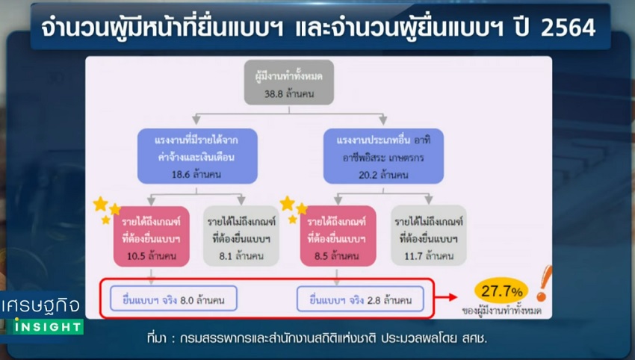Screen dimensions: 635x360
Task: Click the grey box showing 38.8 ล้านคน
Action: (289, 83)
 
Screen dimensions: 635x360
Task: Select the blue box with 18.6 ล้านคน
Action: (197, 156)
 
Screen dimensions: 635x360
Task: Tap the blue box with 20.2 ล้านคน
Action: (383, 156)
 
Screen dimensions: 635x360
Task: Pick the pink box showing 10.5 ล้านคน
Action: (152, 237)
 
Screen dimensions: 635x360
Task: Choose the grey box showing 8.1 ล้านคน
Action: (241, 236)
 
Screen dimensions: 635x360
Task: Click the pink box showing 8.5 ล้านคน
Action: (338, 236)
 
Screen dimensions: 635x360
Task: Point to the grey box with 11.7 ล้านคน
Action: (429, 236)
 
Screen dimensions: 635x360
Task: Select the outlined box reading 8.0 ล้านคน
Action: (173, 299)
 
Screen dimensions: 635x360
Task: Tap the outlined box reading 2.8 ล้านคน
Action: (360, 300)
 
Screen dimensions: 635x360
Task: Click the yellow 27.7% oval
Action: (501, 291)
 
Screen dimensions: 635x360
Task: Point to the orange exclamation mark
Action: (543, 284)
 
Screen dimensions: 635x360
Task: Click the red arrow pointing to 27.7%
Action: (446, 298)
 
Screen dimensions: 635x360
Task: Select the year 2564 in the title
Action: (568, 28)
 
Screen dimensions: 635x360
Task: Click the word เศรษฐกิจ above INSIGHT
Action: (40, 306)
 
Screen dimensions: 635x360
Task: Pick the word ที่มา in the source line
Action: (156, 338)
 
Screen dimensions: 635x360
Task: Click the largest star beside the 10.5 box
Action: (100, 204)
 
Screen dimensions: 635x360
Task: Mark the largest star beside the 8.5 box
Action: (287, 203)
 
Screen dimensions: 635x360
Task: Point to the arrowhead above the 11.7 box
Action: (429, 199)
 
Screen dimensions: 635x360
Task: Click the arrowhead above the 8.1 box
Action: (241, 200)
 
